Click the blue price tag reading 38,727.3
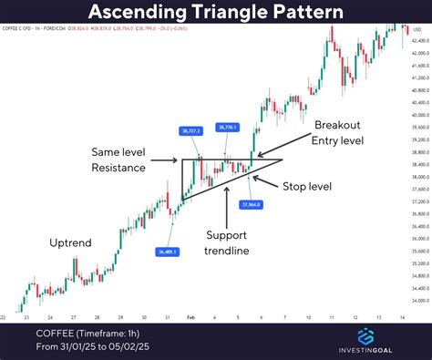tap(187, 131)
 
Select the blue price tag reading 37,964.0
tap(252, 205)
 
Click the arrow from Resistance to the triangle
tap(165, 160)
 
